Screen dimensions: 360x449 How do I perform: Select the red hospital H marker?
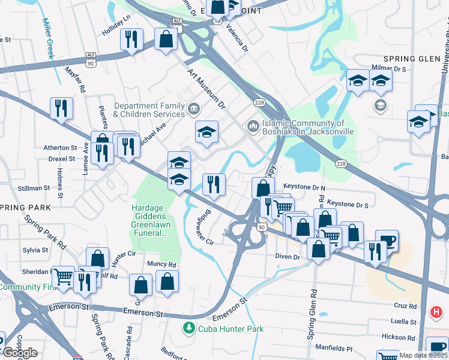pyautogui.click(x=437, y=313)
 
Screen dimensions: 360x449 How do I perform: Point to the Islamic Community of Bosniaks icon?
pyautogui.click(x=252, y=126)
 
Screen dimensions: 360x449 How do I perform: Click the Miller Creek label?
pyautogui.click(x=47, y=36)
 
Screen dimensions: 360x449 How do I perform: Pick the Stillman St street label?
pyautogui.click(x=34, y=188)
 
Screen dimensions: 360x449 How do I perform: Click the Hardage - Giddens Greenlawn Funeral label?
pyautogui.click(x=149, y=221)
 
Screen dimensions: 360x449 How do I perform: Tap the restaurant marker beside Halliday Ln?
pyautogui.click(x=131, y=40)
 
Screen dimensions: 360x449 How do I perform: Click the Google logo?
pyautogui.click(x=20, y=353)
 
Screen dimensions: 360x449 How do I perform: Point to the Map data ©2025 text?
pyautogui.click(x=423, y=355)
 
